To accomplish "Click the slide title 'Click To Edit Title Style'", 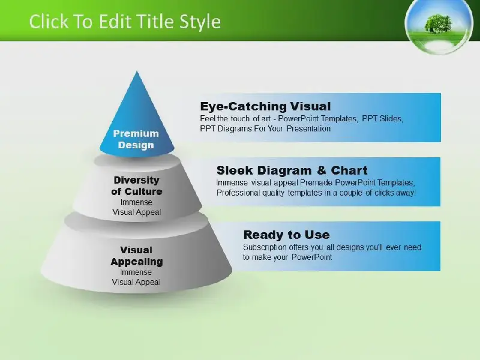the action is (125, 22).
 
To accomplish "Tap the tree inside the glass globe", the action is (439, 23).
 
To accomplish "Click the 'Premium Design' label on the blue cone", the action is (136, 139).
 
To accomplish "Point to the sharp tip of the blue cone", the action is (137, 71).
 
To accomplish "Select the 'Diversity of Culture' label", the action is (137, 186).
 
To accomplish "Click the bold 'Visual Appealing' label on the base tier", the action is (137, 256).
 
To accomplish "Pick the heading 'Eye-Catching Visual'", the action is (265, 106).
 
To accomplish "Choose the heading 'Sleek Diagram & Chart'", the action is (292, 170).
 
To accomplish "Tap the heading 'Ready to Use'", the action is (287, 235).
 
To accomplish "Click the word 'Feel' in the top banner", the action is (207, 118).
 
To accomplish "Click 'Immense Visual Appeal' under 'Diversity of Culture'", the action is (137, 207).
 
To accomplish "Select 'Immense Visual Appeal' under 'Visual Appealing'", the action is (136, 277).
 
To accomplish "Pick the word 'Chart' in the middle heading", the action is (349, 170).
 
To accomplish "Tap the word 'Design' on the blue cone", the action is (136, 145).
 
